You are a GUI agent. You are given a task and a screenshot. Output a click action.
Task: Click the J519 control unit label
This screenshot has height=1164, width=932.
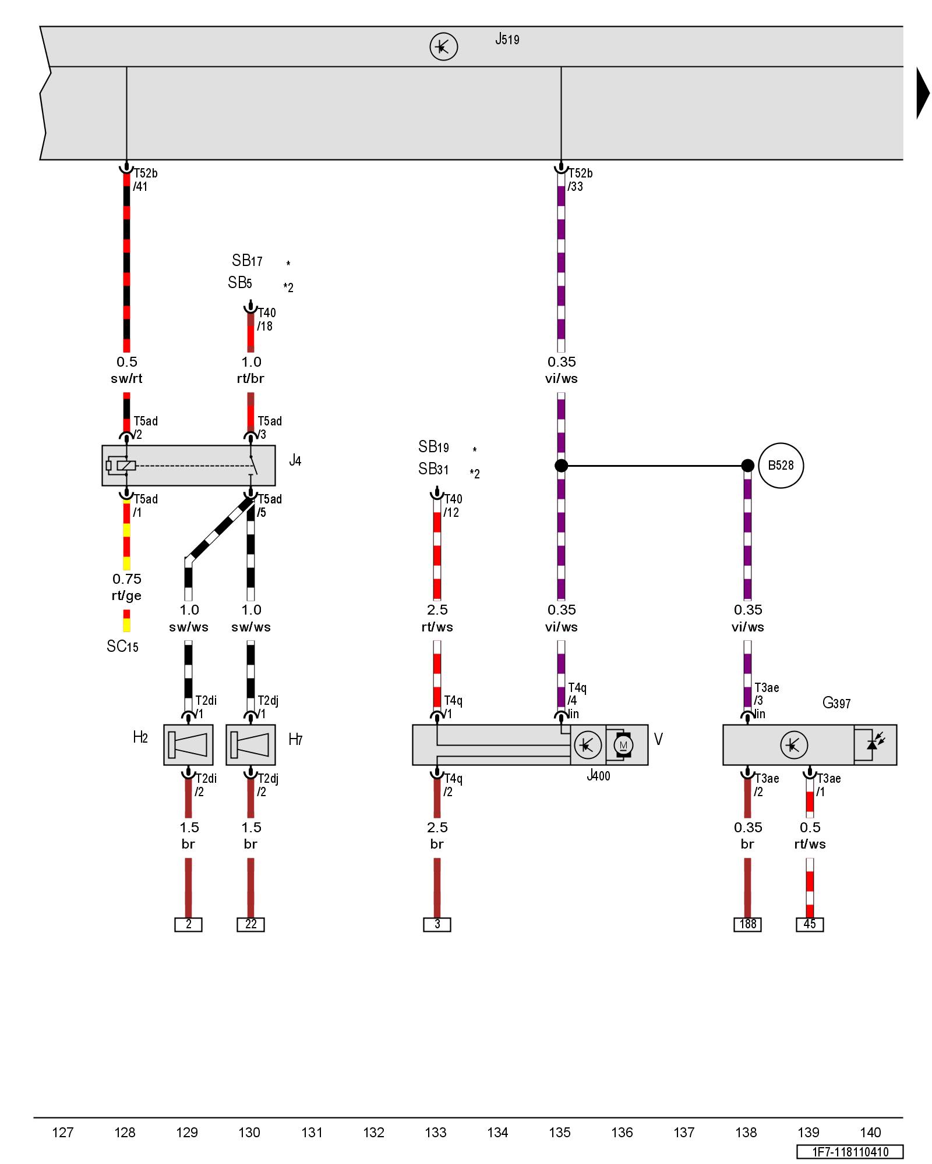click(507, 40)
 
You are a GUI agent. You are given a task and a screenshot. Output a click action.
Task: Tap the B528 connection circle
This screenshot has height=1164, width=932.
click(781, 466)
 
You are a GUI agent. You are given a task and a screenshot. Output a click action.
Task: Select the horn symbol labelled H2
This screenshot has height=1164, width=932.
click(188, 744)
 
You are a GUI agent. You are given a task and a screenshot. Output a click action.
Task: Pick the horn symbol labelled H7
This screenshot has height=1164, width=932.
click(250, 744)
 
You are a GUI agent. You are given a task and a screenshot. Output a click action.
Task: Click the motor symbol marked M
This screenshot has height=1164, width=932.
click(623, 745)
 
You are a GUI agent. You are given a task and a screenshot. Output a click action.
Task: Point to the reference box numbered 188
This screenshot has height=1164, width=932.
click(747, 924)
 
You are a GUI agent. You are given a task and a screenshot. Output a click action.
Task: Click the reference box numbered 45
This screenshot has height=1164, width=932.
click(810, 924)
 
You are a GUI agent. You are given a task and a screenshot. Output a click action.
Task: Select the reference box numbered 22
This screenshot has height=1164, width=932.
click(250, 924)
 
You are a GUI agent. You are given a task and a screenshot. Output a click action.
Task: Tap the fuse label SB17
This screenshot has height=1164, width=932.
click(247, 261)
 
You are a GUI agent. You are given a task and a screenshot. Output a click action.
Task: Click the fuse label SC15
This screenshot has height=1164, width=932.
click(122, 647)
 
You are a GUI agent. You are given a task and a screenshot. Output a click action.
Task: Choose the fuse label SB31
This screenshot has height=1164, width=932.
click(433, 469)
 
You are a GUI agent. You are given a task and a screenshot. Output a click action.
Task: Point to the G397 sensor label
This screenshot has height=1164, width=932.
click(836, 703)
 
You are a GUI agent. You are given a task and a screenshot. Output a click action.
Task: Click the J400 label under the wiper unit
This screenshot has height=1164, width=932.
click(598, 776)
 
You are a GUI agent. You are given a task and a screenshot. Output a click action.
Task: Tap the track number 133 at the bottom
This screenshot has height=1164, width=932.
click(436, 1133)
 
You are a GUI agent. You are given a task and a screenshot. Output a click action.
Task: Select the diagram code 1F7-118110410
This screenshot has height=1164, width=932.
click(850, 1152)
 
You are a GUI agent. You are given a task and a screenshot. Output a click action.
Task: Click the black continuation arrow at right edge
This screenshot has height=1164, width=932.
click(922, 93)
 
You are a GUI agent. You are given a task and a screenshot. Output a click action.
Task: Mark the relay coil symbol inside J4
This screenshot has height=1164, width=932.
click(125, 466)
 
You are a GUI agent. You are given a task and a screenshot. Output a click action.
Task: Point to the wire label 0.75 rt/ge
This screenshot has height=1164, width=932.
click(126, 587)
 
